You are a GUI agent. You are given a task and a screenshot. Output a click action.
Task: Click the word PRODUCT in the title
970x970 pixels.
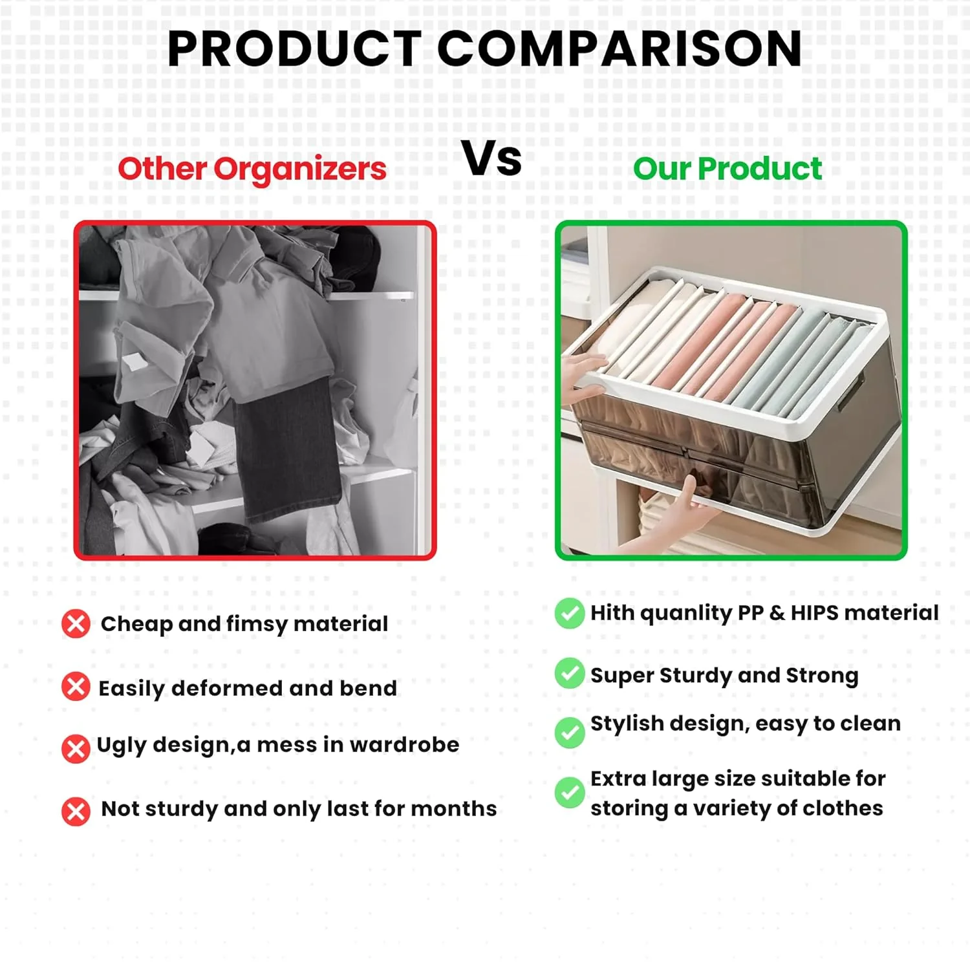point(294,49)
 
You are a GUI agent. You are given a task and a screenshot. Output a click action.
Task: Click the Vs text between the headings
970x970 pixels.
point(491,159)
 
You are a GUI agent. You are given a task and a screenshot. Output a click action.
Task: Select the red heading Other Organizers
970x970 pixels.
point(252,169)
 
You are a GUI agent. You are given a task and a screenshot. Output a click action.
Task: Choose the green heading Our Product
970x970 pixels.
point(727,169)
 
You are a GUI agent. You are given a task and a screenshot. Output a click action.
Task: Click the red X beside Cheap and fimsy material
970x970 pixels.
point(76,624)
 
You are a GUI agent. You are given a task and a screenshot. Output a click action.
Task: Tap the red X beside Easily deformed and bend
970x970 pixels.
point(76,686)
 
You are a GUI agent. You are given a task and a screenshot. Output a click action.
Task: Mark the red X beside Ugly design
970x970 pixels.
point(76,748)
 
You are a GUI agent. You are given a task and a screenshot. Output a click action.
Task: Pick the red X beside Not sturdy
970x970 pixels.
point(76,811)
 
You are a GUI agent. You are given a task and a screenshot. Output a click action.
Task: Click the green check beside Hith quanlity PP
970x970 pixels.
point(569,613)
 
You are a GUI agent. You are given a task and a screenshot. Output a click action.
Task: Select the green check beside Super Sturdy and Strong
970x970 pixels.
point(569,673)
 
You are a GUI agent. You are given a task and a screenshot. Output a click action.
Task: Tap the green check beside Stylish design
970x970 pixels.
point(569,732)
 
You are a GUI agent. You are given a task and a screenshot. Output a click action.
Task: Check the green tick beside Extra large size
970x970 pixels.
point(569,792)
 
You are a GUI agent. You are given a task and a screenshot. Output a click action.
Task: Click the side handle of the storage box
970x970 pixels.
point(850,394)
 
